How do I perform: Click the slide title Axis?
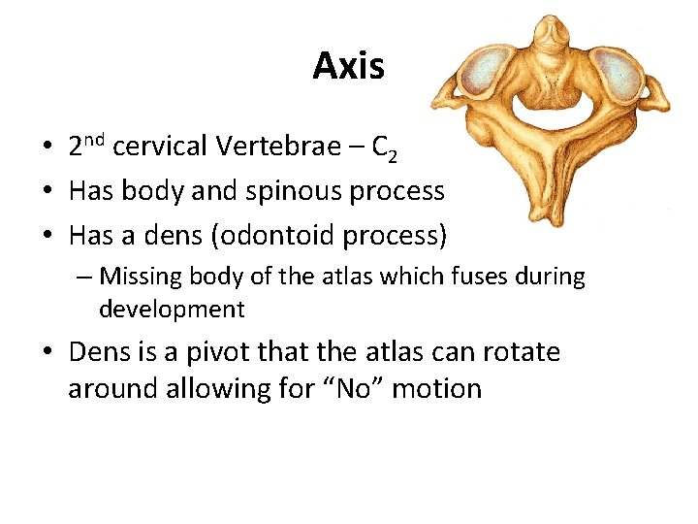click(348, 66)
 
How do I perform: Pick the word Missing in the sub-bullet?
click(145, 277)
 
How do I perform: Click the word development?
click(172, 310)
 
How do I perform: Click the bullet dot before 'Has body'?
click(47, 191)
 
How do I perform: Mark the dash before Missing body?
click(85, 278)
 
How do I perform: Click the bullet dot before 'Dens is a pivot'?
click(47, 352)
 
